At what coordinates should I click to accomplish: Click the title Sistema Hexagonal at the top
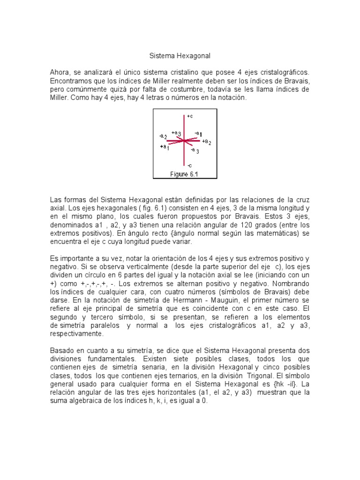(180, 56)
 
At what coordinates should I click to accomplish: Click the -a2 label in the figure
(163, 136)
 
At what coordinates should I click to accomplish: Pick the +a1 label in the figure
(164, 147)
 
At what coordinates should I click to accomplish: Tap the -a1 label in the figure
(198, 134)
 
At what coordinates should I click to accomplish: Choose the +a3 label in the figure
(176, 133)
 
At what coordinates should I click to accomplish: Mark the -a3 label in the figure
(195, 151)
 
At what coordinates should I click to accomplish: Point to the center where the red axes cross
(184, 140)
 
